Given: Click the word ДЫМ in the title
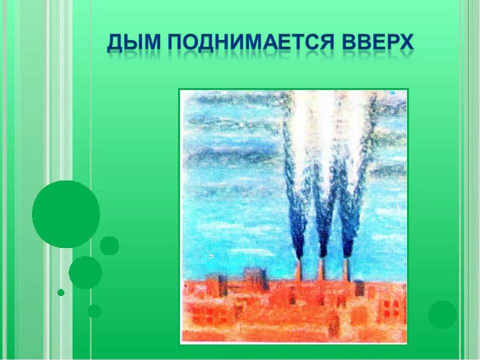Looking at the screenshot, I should coord(133,44).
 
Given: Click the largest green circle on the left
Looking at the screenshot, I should coord(66,214).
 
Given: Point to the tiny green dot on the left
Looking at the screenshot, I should coord(61,292).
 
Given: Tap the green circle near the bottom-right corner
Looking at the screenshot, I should coord(442,314).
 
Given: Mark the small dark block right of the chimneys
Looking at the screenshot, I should coord(359,288).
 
